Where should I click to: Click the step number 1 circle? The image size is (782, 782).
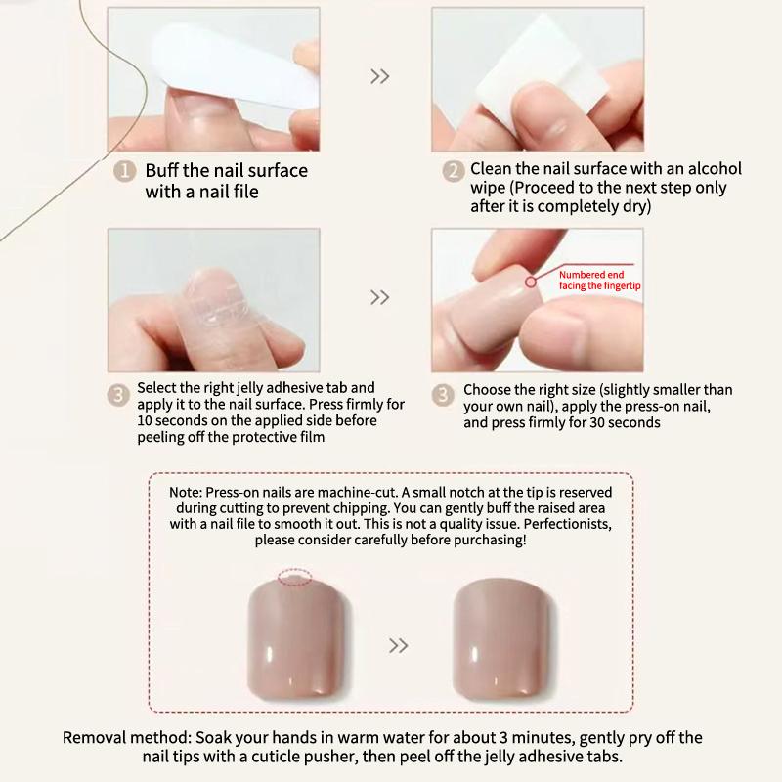[x=124, y=172]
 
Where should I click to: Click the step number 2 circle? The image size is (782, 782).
[x=453, y=172]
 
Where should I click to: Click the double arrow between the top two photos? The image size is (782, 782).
[x=379, y=76]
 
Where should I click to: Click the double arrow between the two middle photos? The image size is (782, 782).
[x=379, y=297]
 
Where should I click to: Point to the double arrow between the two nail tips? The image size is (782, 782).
[x=398, y=645]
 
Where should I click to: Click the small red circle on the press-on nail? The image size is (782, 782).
[x=531, y=282]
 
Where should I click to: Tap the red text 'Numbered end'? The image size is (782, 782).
[x=591, y=275]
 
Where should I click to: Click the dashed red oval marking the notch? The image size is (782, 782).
[x=295, y=577]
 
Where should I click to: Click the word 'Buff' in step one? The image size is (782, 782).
[x=162, y=170]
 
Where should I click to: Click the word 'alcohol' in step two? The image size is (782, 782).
[x=715, y=168]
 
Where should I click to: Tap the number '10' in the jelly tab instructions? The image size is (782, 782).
[x=145, y=420]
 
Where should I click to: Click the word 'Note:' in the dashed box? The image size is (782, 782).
[x=186, y=493]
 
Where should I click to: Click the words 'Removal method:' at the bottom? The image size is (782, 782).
[x=127, y=738]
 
